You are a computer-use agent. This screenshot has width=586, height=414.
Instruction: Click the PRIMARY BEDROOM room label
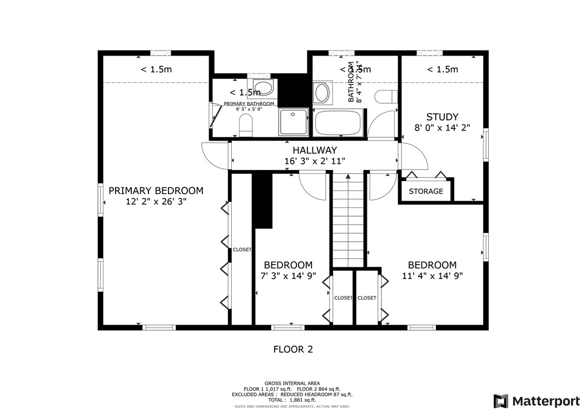tap(156, 191)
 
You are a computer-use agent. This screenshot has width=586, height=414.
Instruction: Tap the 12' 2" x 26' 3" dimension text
tap(156, 202)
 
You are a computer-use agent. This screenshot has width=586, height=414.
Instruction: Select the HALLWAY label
tap(315, 150)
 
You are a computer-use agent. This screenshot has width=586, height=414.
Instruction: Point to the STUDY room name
tap(442, 117)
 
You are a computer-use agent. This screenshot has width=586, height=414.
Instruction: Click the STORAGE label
tap(426, 192)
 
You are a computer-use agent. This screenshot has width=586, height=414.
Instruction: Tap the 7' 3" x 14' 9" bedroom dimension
tap(288, 276)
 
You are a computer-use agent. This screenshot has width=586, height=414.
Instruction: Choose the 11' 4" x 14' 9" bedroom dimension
tap(432, 276)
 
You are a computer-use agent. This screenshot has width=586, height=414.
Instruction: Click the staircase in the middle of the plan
tap(347, 222)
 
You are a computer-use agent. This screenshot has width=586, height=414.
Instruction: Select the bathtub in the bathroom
tap(339, 123)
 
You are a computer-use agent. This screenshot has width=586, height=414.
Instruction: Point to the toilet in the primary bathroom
tap(245, 128)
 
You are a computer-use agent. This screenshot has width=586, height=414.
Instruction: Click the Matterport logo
tap(537, 401)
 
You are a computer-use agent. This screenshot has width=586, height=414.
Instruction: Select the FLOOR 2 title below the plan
tap(293, 350)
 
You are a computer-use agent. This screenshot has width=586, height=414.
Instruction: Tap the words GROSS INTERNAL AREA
tap(292, 383)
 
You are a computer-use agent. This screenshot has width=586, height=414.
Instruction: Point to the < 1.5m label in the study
tap(442, 69)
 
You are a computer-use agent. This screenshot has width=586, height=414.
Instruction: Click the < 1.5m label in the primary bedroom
tap(156, 69)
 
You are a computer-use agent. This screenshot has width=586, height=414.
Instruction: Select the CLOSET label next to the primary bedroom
tap(242, 250)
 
